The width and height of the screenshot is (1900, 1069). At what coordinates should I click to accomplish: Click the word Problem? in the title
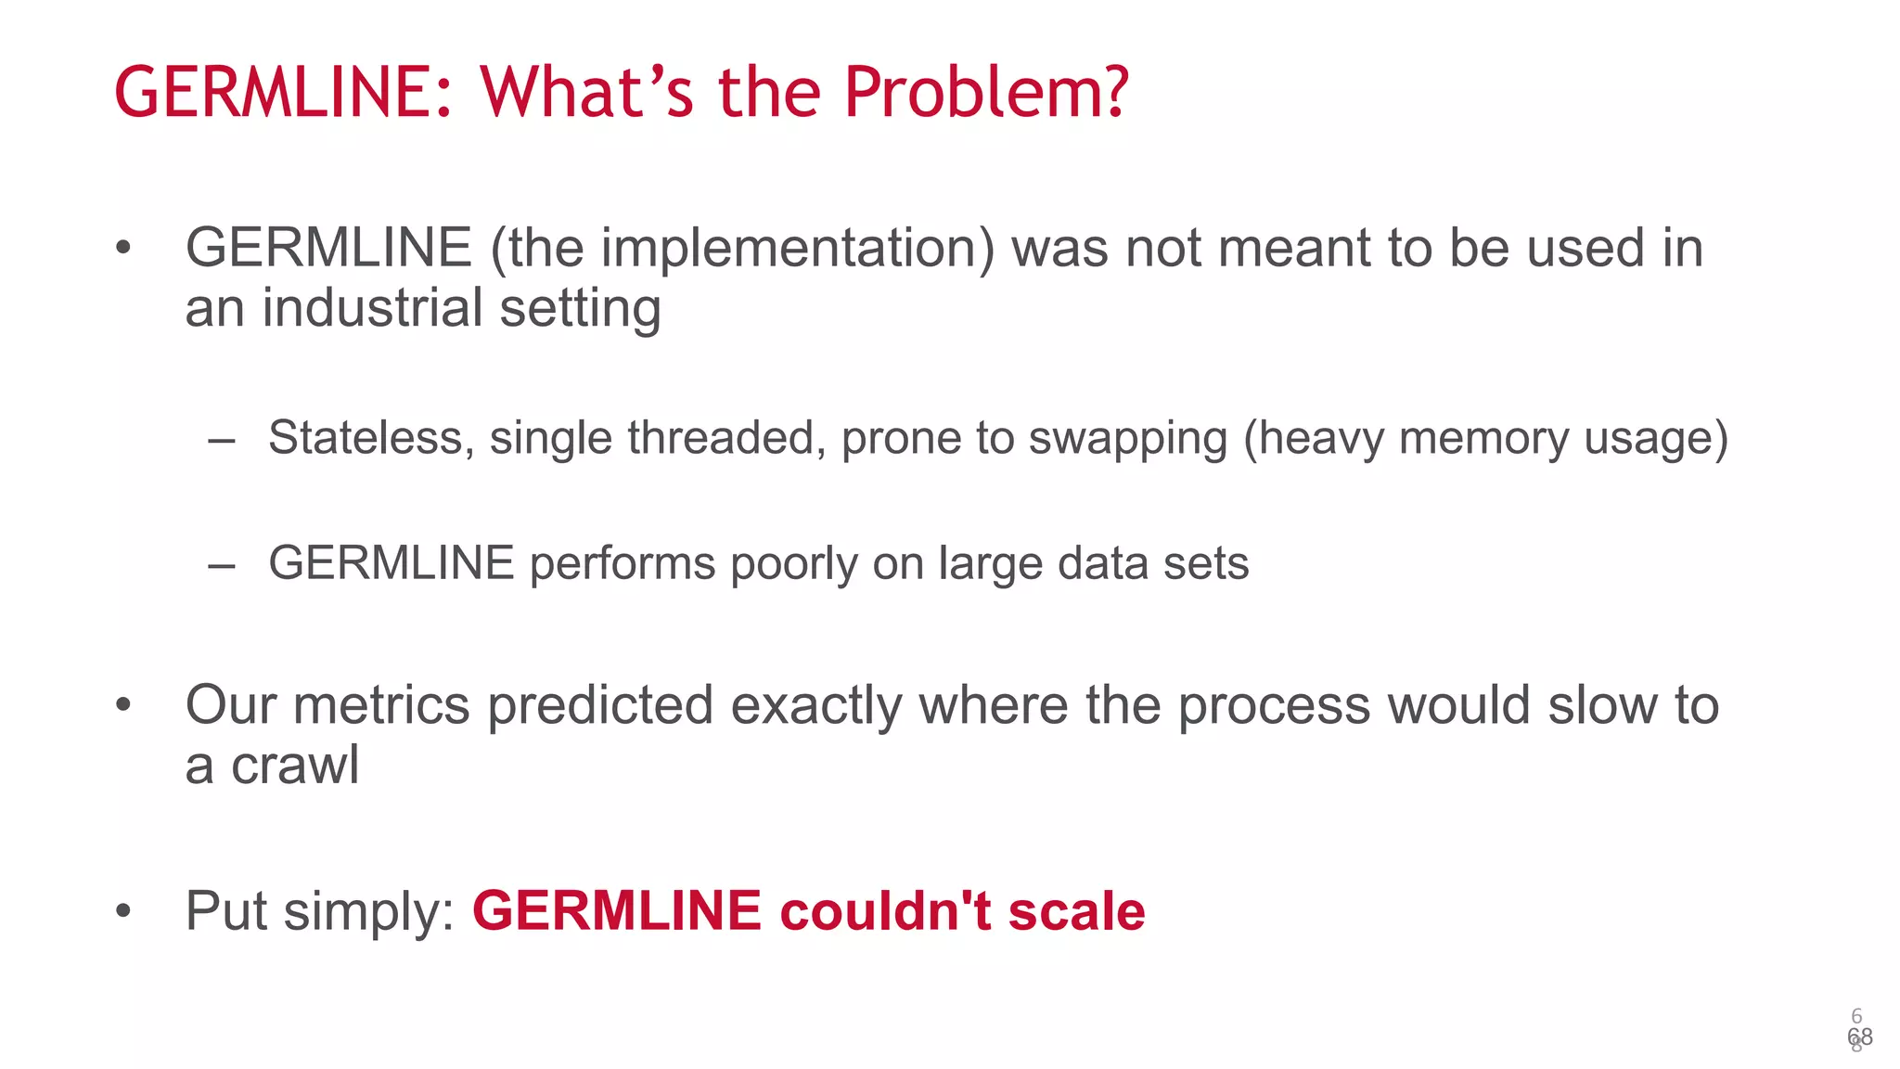point(986,93)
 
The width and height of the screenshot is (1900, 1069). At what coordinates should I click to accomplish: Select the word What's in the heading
point(586,93)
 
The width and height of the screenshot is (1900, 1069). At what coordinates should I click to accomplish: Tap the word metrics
point(382,705)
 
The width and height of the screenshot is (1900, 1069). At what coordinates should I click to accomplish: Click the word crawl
point(294,766)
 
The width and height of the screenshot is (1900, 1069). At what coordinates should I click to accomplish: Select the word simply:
point(368,912)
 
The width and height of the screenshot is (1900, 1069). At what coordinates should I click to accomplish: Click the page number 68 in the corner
point(1859,1037)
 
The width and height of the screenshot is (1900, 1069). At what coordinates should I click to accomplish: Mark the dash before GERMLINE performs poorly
point(221,564)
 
